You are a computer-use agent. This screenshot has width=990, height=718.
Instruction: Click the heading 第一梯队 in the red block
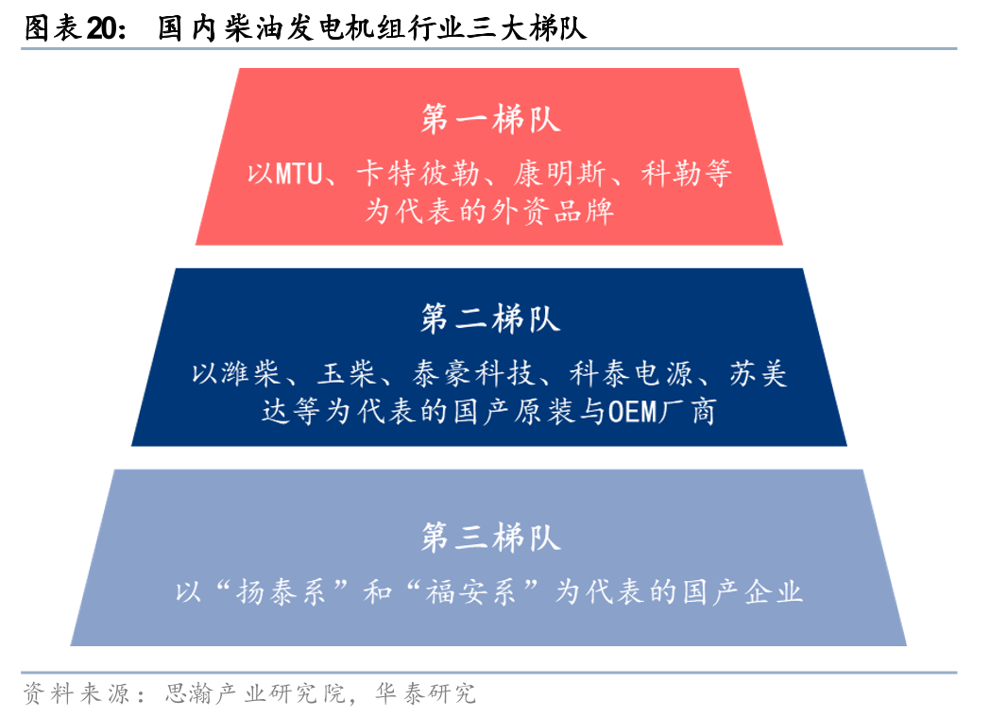tap(490, 119)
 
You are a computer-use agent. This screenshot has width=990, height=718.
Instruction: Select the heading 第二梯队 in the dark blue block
tap(490, 318)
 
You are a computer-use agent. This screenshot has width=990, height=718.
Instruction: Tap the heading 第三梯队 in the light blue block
tap(490, 538)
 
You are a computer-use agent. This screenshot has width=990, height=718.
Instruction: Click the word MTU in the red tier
tap(299, 174)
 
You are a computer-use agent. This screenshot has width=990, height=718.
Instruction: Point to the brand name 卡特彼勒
tap(418, 174)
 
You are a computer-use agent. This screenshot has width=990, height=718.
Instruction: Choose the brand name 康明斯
tap(559, 174)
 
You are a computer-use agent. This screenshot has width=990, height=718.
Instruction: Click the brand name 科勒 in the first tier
tap(671, 174)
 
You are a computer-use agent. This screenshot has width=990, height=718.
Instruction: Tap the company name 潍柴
tap(251, 374)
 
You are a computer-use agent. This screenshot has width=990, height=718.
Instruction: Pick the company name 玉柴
tap(347, 374)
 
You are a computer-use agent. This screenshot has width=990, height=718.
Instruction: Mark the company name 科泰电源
tap(631, 374)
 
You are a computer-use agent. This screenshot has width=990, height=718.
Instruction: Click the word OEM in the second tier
tap(633, 412)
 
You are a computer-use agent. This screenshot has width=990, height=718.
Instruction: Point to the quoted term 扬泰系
tap(281, 592)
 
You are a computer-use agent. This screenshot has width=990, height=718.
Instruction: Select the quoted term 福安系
tap(471, 592)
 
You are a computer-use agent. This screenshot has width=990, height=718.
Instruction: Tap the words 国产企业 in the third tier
tap(742, 592)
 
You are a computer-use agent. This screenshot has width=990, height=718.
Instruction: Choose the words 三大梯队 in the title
tap(527, 28)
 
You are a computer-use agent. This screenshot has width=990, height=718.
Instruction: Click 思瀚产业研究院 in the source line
tap(256, 693)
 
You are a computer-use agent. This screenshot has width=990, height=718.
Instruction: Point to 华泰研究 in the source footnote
tap(425, 693)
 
